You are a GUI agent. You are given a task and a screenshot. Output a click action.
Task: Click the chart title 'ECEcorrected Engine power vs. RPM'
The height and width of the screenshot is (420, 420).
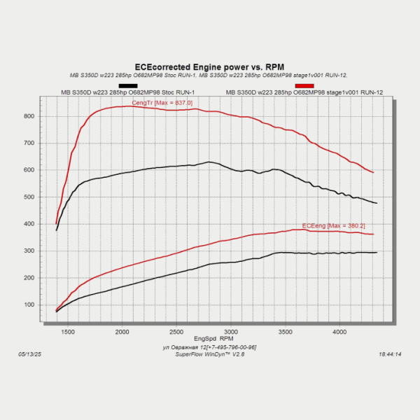point(210,66)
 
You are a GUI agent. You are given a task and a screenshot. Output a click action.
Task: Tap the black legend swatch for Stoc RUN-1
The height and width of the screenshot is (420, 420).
point(128,85)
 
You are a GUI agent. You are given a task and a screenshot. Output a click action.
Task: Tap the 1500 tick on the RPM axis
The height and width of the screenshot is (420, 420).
point(68,331)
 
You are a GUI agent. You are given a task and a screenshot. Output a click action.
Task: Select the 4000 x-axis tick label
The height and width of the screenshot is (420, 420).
point(339,331)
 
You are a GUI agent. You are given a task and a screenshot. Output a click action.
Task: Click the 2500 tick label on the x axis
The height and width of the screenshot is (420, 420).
point(176,331)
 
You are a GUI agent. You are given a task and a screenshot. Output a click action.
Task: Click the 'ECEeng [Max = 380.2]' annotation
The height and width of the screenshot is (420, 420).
point(333,225)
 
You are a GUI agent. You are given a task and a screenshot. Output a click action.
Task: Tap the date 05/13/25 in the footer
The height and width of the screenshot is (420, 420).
point(31,355)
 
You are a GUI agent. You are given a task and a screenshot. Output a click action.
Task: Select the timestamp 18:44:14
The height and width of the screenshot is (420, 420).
point(389,355)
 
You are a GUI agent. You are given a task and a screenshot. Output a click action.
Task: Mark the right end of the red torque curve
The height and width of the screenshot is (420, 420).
point(373,172)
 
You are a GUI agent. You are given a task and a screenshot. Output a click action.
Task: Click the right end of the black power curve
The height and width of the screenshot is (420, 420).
point(377,252)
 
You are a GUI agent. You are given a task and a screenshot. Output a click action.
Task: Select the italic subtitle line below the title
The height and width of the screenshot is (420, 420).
point(209,75)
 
